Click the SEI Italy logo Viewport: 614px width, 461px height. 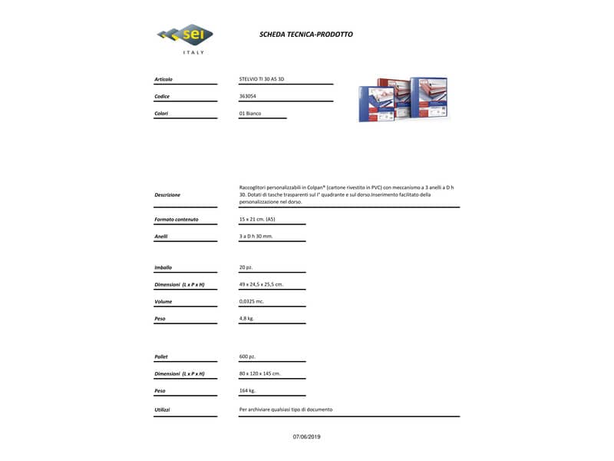(x=184, y=37)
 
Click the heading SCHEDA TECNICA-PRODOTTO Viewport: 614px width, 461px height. (x=306, y=35)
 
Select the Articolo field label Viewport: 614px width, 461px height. (x=163, y=79)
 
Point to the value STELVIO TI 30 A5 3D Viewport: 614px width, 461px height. (x=262, y=79)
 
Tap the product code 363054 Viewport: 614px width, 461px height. (x=248, y=96)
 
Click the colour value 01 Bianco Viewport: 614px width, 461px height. (x=250, y=113)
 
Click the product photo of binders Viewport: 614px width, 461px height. (x=403, y=98)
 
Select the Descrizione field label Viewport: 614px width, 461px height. (x=167, y=194)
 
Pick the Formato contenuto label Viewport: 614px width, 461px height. (x=176, y=220)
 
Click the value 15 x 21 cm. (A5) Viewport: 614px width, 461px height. (x=257, y=220)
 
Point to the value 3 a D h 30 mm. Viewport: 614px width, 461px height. (x=256, y=237)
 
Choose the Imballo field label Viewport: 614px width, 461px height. (x=163, y=267)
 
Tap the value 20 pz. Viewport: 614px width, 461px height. (x=246, y=267)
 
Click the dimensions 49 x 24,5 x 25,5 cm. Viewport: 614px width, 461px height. (x=261, y=284)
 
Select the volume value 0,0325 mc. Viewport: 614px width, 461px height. (x=253, y=301)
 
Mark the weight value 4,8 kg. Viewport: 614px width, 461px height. (x=246, y=318)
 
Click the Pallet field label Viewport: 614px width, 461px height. (x=161, y=357)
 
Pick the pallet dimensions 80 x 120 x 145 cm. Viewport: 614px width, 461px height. (x=259, y=373)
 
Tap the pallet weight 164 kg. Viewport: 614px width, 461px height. (x=247, y=390)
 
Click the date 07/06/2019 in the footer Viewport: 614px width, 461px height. (x=306, y=436)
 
